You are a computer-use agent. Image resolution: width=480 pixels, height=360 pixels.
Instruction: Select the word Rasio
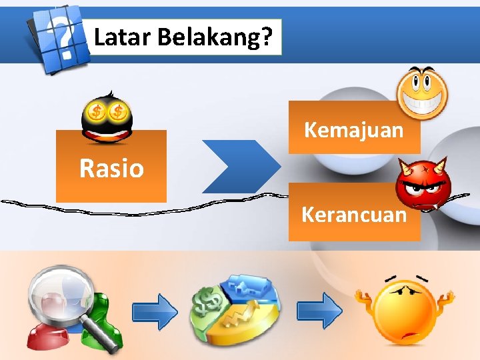111,168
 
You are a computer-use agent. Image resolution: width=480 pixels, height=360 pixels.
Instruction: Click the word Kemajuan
353,129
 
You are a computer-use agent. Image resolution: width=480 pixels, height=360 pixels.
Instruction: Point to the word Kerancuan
353,215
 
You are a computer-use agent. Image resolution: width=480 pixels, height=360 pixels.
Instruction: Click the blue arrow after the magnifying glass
155,311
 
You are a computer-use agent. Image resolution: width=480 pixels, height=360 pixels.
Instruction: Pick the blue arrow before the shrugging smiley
319,311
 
